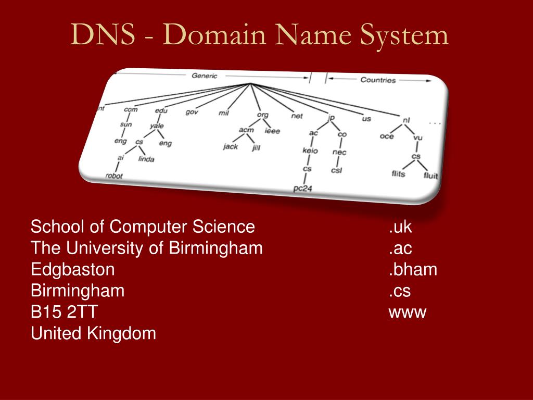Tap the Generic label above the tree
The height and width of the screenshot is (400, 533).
[x=205, y=76]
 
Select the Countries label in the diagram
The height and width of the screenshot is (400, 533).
[x=378, y=80]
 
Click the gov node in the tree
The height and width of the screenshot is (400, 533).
[x=192, y=112]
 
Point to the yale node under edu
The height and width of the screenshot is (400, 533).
[x=157, y=126]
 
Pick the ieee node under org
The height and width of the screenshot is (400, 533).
[x=272, y=131]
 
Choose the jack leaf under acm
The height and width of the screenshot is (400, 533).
[x=230, y=146]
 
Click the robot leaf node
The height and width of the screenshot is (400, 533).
[x=114, y=176]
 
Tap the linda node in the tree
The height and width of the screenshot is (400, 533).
[x=146, y=159]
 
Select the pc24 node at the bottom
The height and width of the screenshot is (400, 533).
[x=302, y=189]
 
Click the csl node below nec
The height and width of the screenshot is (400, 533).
[x=337, y=170]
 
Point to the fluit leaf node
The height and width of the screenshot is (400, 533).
[x=430, y=176]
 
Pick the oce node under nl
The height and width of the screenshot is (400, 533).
[x=387, y=136]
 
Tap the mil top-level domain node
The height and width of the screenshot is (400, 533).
[x=224, y=113]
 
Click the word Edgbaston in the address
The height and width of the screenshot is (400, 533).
[x=72, y=270]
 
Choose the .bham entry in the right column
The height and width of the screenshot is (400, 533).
[x=413, y=270]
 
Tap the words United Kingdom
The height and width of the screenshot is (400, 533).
[x=93, y=333]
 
